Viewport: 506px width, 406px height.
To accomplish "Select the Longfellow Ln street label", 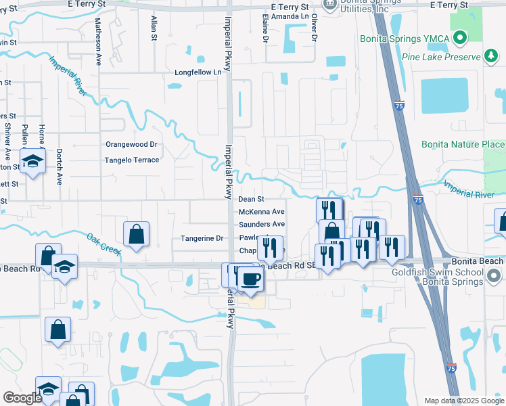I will click(198, 72).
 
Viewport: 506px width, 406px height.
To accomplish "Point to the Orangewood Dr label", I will click(131, 144).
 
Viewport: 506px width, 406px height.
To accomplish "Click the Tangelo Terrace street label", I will click(131, 160).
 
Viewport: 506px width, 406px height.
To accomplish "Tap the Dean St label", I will click(251, 200).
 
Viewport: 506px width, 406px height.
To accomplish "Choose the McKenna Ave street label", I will click(262, 212).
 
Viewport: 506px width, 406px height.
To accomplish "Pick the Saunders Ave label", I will click(262, 224).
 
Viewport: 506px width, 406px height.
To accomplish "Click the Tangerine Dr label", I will click(202, 238).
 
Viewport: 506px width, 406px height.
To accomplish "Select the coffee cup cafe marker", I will click(250, 278).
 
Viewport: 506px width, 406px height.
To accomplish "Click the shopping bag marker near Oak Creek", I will click(137, 235).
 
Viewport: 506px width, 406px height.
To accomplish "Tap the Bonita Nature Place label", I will click(463, 144).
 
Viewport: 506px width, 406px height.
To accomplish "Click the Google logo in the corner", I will click(22, 398).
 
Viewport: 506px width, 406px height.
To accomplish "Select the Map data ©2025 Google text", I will click(463, 401).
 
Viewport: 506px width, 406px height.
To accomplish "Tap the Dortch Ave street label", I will click(60, 166).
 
